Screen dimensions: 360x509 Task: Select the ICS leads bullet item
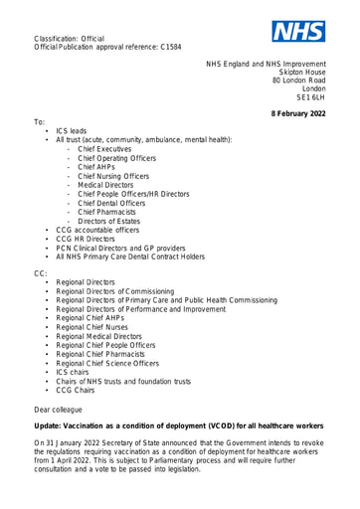click(x=71, y=131)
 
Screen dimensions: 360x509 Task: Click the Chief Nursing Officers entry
click(x=113, y=176)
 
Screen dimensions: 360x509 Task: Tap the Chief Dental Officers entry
click(x=112, y=203)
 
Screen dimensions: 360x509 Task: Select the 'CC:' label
click(x=41, y=272)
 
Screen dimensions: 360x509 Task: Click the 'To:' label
click(x=40, y=122)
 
